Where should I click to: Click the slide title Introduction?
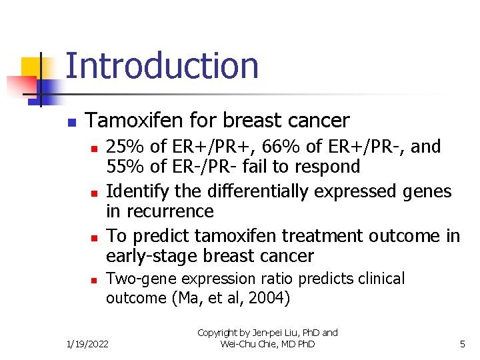click(162, 66)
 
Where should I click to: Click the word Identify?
click(137, 192)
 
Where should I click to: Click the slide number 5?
click(462, 344)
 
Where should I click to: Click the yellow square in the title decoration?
click(32, 67)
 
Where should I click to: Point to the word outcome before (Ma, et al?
click(136, 298)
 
